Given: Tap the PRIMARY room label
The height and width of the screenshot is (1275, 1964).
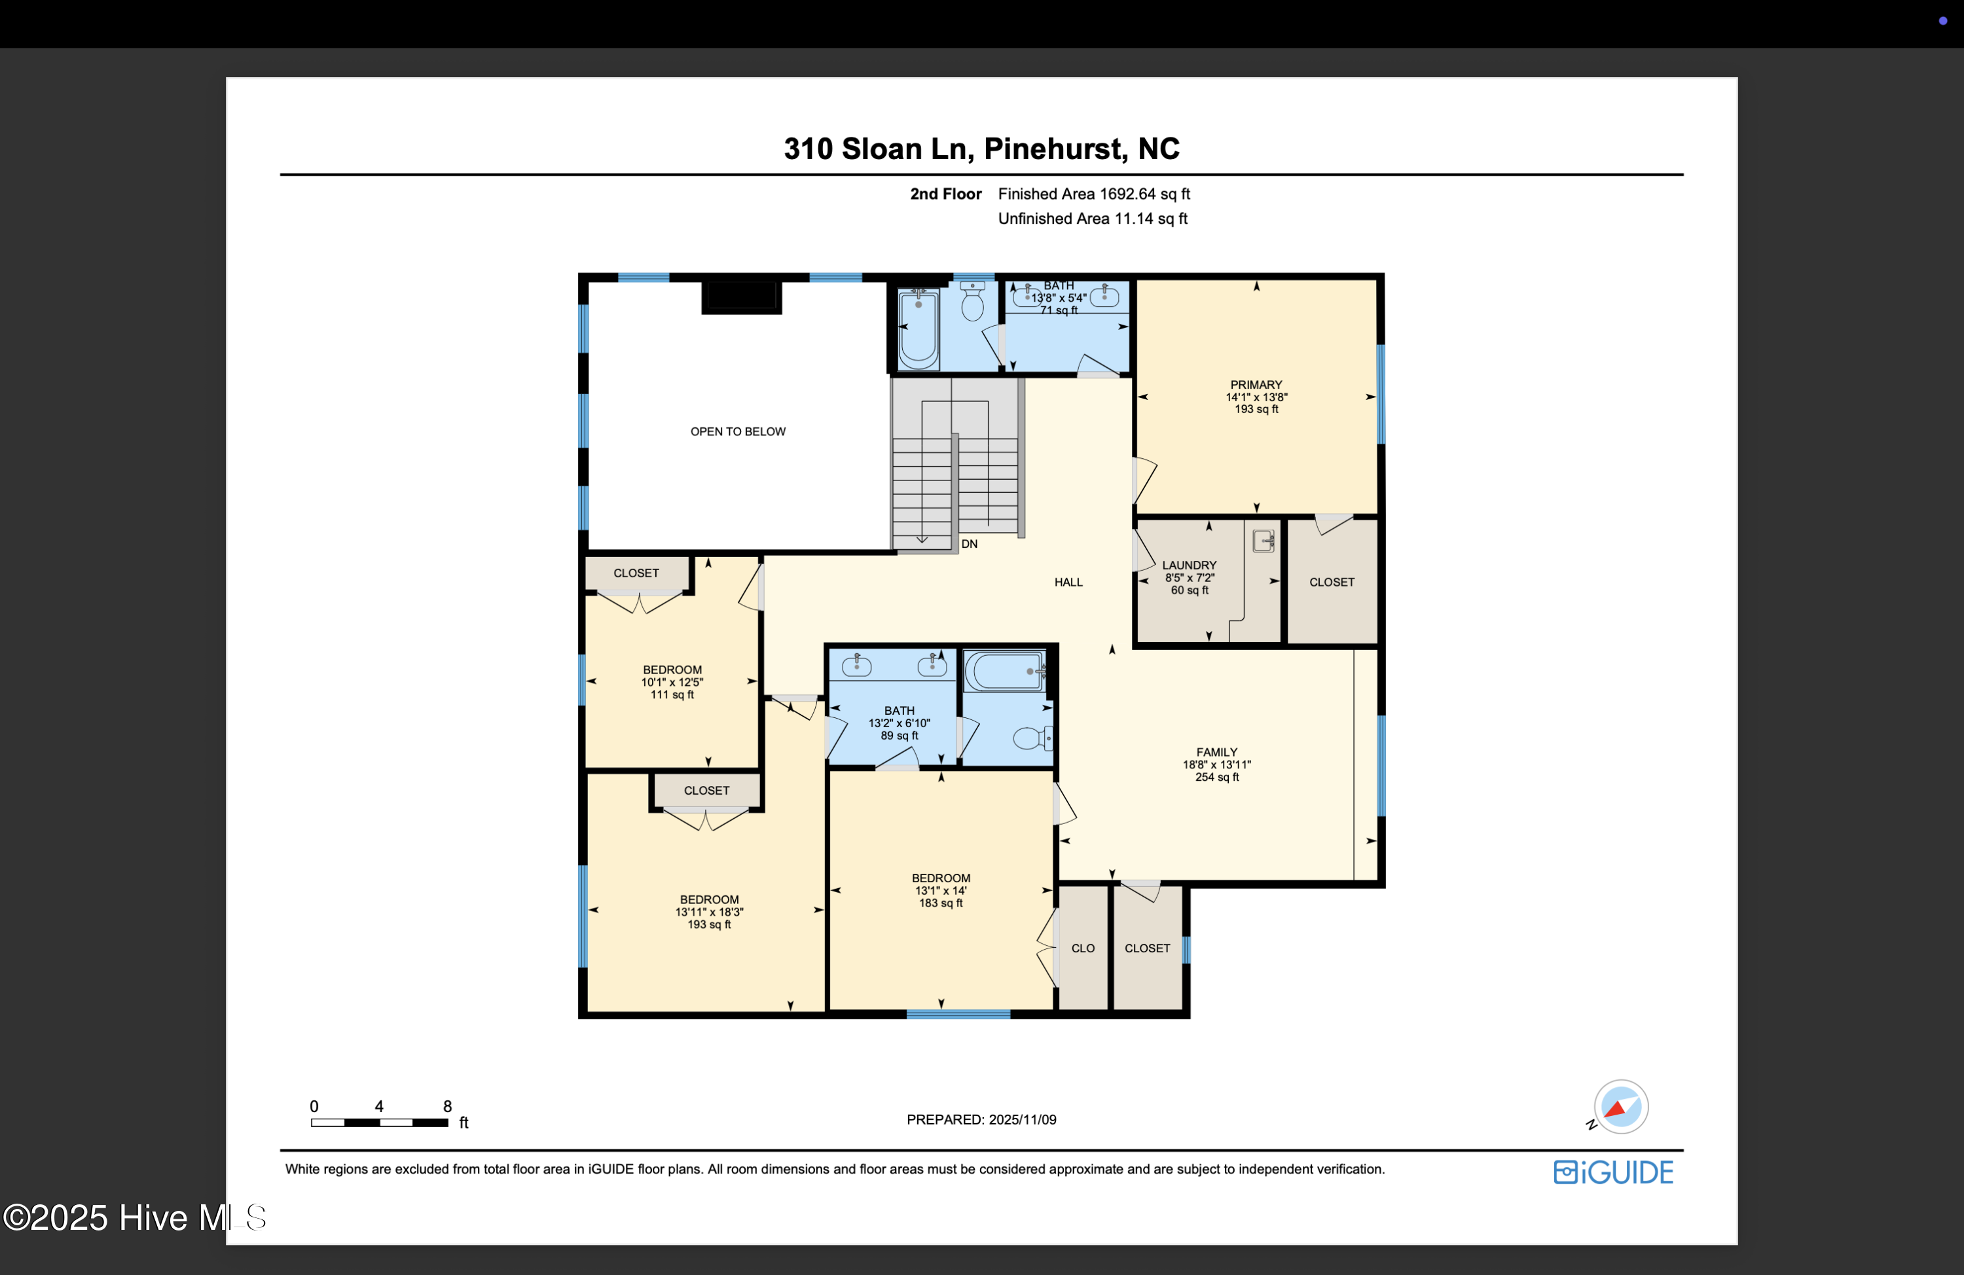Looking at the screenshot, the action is pos(1256,385).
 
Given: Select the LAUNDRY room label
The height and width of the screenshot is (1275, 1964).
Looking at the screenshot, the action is pos(1189,566).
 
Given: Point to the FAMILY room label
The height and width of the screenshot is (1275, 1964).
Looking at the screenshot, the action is pos(1216,752).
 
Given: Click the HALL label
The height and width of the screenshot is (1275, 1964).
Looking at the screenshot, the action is pos(1068,582).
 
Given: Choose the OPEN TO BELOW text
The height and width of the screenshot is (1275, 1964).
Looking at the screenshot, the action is pos(738,431).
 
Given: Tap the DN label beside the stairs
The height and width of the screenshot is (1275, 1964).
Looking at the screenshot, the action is pos(969,544).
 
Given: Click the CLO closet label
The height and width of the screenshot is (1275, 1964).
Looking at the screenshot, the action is pos(1083,948).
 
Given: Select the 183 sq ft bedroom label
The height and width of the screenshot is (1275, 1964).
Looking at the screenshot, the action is pos(941,890).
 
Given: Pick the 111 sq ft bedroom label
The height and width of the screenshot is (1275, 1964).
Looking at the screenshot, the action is pos(672,681).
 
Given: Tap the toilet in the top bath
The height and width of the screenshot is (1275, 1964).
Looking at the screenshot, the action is pos(973,301).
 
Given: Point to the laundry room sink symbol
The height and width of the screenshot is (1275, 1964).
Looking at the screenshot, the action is pos(1264,541).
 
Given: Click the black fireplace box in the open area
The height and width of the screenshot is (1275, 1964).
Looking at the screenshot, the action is pos(741,297).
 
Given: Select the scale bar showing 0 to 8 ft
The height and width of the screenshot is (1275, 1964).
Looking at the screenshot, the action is pos(380,1122).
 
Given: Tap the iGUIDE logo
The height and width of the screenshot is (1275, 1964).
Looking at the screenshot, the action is pos(1613,1172).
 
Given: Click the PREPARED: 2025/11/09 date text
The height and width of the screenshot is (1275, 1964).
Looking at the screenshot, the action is pos(981,1120).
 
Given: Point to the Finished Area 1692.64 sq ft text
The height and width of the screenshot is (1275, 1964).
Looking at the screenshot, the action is pos(1093,194).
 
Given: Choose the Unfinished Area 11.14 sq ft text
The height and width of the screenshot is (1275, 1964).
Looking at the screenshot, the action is pos(1093,219).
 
